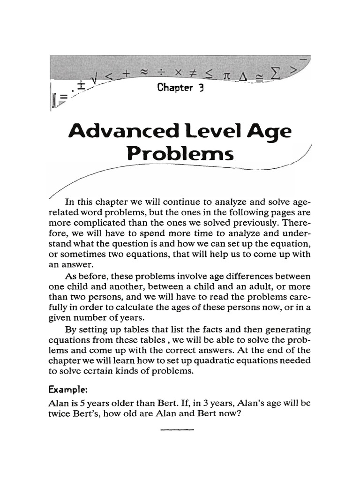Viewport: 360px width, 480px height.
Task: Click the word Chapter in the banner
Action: point(174,88)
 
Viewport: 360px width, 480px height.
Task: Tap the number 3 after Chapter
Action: point(200,88)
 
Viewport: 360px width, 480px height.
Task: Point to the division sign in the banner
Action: point(161,74)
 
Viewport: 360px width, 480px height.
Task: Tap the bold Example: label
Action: point(66,390)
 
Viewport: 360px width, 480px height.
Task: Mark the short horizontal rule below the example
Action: point(177,429)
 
